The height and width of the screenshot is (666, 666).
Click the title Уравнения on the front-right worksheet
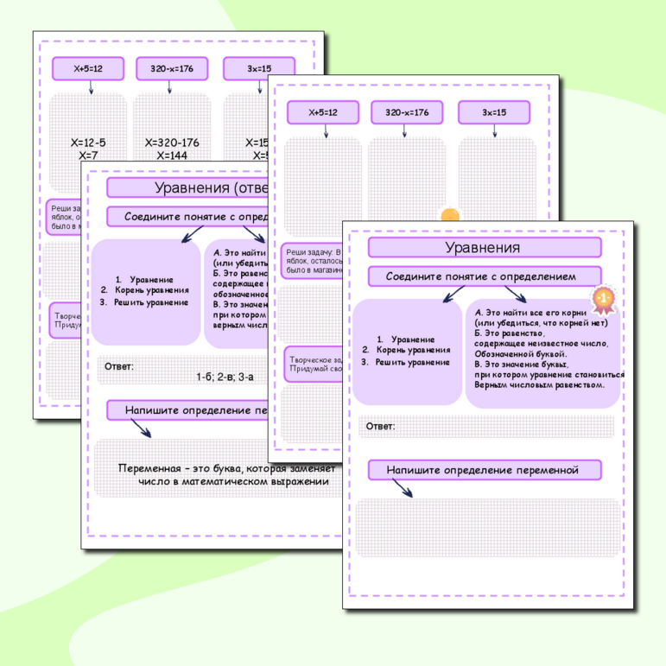483,248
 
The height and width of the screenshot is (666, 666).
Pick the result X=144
172,155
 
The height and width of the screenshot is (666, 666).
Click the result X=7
88,155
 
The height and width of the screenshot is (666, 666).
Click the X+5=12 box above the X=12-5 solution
88,68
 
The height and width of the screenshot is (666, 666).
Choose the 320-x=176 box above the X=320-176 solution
172,68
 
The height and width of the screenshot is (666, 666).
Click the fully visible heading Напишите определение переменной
483,470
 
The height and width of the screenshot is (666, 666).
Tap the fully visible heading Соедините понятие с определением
484,276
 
